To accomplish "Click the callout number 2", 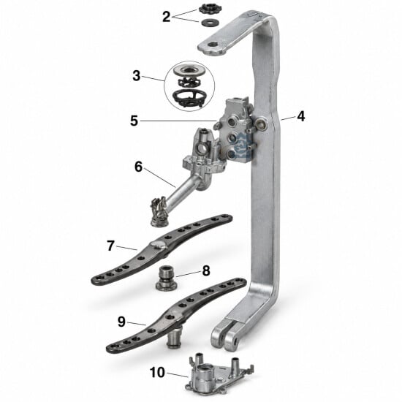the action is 167,17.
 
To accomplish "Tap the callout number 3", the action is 137,76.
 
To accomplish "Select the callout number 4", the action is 301,116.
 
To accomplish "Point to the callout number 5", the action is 134,121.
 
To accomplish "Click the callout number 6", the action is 138,167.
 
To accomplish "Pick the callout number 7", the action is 110,246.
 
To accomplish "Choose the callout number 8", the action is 206,270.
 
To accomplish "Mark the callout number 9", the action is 121,322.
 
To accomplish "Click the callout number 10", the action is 157,372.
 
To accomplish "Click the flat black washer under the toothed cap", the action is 210,23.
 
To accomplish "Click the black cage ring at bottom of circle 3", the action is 189,98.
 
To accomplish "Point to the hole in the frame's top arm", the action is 212,45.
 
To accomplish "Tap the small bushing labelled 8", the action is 167,278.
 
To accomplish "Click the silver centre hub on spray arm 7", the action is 158,244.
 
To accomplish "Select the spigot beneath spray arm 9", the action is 175,338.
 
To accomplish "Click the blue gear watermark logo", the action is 241,145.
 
